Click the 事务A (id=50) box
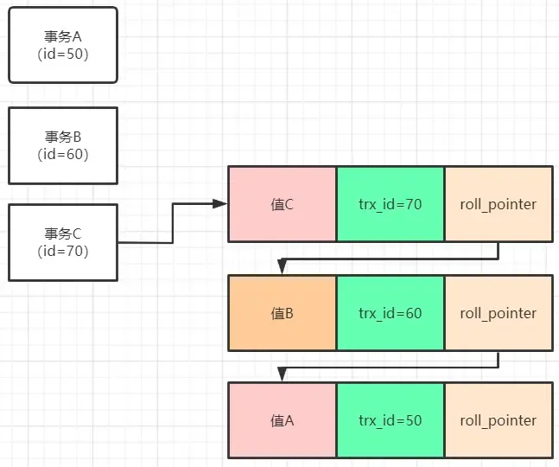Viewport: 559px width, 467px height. (x=62, y=45)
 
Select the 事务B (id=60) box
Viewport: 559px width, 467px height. (x=62, y=145)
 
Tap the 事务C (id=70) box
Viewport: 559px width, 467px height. (x=62, y=242)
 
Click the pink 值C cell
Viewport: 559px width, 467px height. (x=283, y=205)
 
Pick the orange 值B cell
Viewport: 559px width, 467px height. (x=283, y=313)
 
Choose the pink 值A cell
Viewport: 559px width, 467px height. (x=283, y=421)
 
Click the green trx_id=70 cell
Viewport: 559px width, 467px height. (x=391, y=205)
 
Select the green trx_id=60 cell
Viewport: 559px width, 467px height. (x=391, y=313)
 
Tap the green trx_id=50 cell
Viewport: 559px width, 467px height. (x=391, y=421)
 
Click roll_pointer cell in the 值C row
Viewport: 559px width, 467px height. (x=499, y=205)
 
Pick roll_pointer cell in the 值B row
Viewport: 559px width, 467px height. (x=499, y=313)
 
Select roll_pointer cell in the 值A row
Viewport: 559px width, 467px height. (x=499, y=421)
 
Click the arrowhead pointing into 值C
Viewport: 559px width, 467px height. (x=221, y=204)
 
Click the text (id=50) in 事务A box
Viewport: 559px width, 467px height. (x=62, y=54)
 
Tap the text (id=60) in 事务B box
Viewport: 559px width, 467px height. (x=62, y=154)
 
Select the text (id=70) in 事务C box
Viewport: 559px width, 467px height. (x=62, y=251)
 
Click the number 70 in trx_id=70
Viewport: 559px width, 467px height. (x=413, y=205)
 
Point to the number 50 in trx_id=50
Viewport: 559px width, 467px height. (x=413, y=421)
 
